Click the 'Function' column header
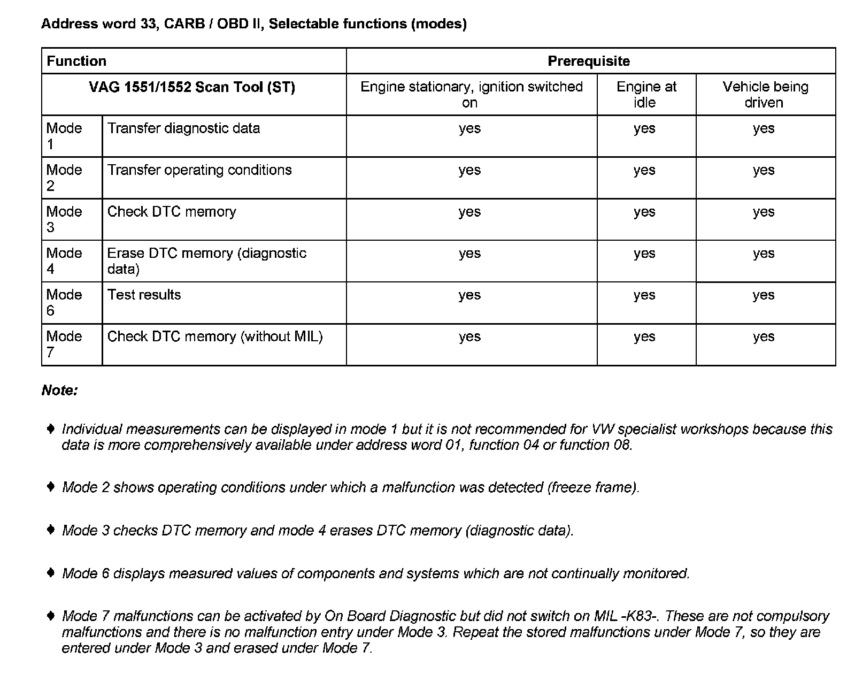pos(76,61)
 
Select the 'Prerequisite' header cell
pos(589,61)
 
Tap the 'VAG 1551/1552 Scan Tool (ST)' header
pos(192,87)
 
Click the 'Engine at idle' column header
pos(646,94)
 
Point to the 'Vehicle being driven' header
pos(765,94)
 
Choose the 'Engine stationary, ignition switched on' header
pos(471,94)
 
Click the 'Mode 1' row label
pos(64,136)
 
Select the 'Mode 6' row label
pos(64,302)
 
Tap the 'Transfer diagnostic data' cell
pos(183,128)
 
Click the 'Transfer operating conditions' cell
pos(199,170)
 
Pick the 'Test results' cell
pos(144,295)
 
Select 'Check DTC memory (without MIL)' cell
pos(215,336)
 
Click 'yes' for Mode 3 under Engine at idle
pos(644,212)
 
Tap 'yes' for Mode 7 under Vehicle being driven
pos(764,336)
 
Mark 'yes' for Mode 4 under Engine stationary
pos(469,254)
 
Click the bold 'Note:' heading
pos(59,390)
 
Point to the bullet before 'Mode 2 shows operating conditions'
pos(51,487)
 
